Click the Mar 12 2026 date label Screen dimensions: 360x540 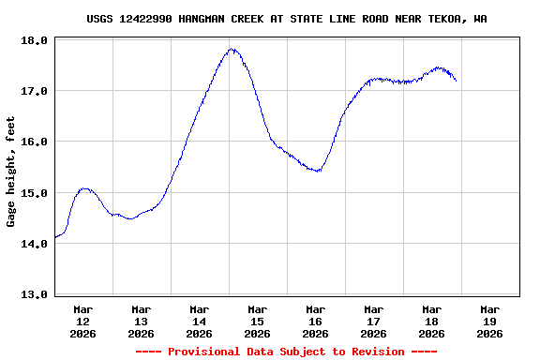pos(82,321)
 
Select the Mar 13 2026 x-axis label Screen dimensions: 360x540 pos(141,321)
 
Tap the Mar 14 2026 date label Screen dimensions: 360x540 pos(199,321)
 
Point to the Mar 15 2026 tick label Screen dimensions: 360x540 pos(257,321)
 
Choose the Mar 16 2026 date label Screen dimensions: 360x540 pos(315,321)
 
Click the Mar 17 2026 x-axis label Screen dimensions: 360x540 pos(373,321)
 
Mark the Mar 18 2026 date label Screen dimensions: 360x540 pos(431,321)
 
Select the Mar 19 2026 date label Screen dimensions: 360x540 pos(489,321)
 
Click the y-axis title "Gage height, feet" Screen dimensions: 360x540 pos(11,171)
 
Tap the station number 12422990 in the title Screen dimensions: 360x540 pos(145,19)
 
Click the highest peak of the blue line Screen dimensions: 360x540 pos(231,49)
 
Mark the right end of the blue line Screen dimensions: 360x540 pos(457,81)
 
